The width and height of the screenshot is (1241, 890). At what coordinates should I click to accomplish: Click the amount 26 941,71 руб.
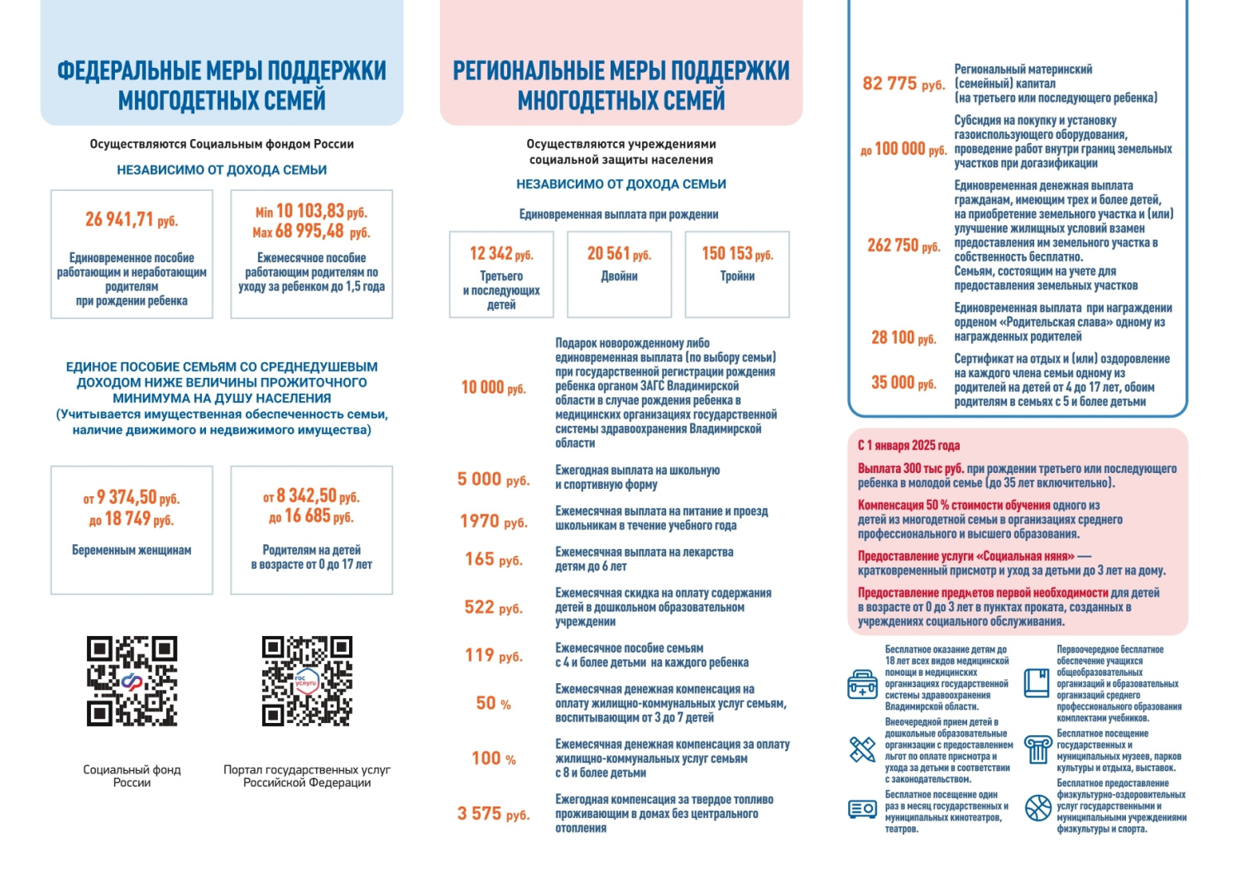(132, 220)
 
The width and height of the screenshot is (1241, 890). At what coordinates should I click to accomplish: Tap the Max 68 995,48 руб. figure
(311, 232)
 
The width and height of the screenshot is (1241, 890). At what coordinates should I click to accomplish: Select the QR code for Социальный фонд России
(132, 681)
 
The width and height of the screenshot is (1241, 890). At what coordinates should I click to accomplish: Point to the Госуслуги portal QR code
(307, 681)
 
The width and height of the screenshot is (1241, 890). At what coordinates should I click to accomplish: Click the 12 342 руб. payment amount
(501, 254)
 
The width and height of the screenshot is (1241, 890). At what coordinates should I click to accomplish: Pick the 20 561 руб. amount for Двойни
(619, 254)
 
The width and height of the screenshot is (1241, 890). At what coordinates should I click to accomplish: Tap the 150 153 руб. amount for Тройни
(737, 254)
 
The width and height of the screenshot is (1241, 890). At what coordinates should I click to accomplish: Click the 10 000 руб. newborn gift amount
(493, 387)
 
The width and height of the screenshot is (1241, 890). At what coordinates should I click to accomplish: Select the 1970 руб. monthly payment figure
(493, 521)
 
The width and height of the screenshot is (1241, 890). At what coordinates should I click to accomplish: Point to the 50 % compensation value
(493, 703)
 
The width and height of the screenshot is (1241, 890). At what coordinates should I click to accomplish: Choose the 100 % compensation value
(493, 758)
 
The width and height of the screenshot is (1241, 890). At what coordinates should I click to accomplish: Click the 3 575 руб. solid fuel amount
(493, 814)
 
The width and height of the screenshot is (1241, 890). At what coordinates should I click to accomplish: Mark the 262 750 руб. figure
(903, 246)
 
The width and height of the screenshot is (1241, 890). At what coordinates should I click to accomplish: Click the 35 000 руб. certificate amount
(903, 382)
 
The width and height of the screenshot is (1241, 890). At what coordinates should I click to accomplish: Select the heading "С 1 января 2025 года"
(908, 445)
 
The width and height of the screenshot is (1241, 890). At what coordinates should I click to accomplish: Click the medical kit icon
(863, 685)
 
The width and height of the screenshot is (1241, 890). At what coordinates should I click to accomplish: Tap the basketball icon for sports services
(1038, 807)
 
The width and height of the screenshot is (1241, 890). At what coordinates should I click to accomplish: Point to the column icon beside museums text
(1037, 749)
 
